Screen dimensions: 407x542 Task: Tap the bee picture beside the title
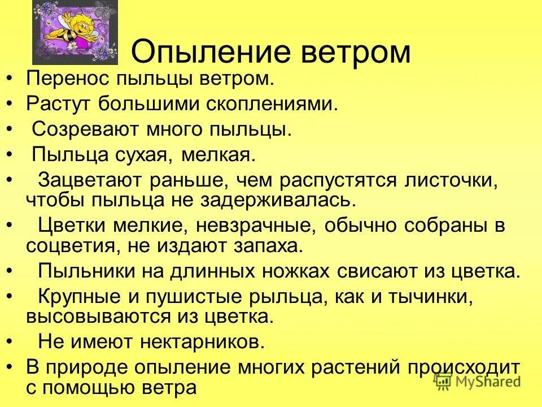(75, 32)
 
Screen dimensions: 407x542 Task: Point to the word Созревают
(82, 129)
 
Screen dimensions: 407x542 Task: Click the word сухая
(137, 154)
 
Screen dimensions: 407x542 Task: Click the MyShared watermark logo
(477, 381)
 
